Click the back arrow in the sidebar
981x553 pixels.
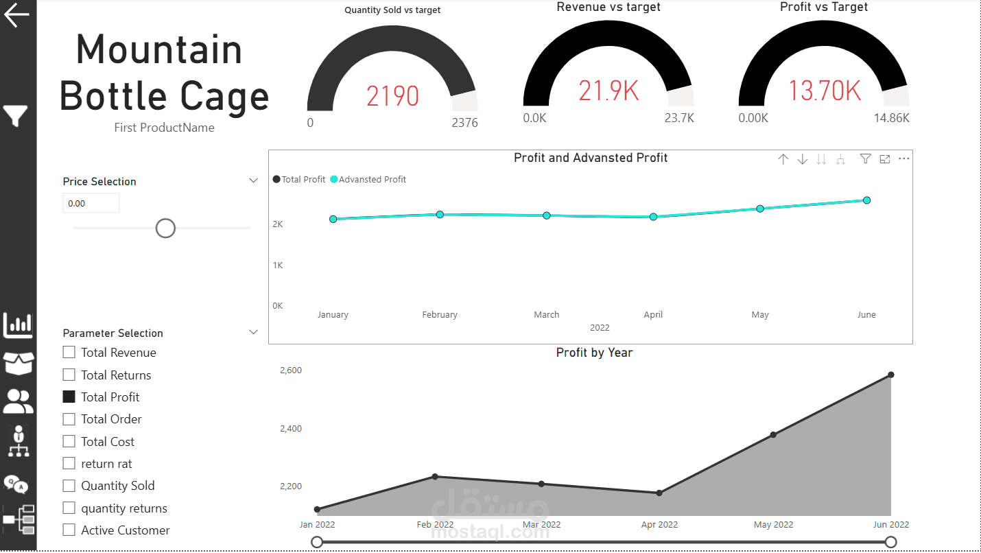[x=16, y=15]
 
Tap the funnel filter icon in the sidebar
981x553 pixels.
[x=16, y=115]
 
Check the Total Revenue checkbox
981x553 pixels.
[x=69, y=352]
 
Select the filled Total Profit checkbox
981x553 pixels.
[x=69, y=397]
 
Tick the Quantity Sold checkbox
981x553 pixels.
[x=69, y=485]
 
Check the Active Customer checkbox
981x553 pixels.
[x=69, y=530]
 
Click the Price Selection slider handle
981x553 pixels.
[x=165, y=228]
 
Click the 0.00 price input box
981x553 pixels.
[x=91, y=203]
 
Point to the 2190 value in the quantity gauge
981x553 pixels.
[x=392, y=96]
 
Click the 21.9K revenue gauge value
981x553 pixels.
[x=608, y=91]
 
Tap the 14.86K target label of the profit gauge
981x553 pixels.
[x=892, y=118]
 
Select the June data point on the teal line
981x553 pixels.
[x=866, y=200]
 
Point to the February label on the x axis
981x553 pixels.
[x=440, y=314]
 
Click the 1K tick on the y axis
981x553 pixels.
[x=278, y=265]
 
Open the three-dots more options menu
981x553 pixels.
[x=904, y=158]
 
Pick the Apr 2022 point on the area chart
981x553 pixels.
[x=659, y=493]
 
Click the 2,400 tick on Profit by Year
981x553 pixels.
[x=291, y=428]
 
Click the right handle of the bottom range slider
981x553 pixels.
[x=890, y=542]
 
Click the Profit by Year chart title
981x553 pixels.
[x=594, y=353]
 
